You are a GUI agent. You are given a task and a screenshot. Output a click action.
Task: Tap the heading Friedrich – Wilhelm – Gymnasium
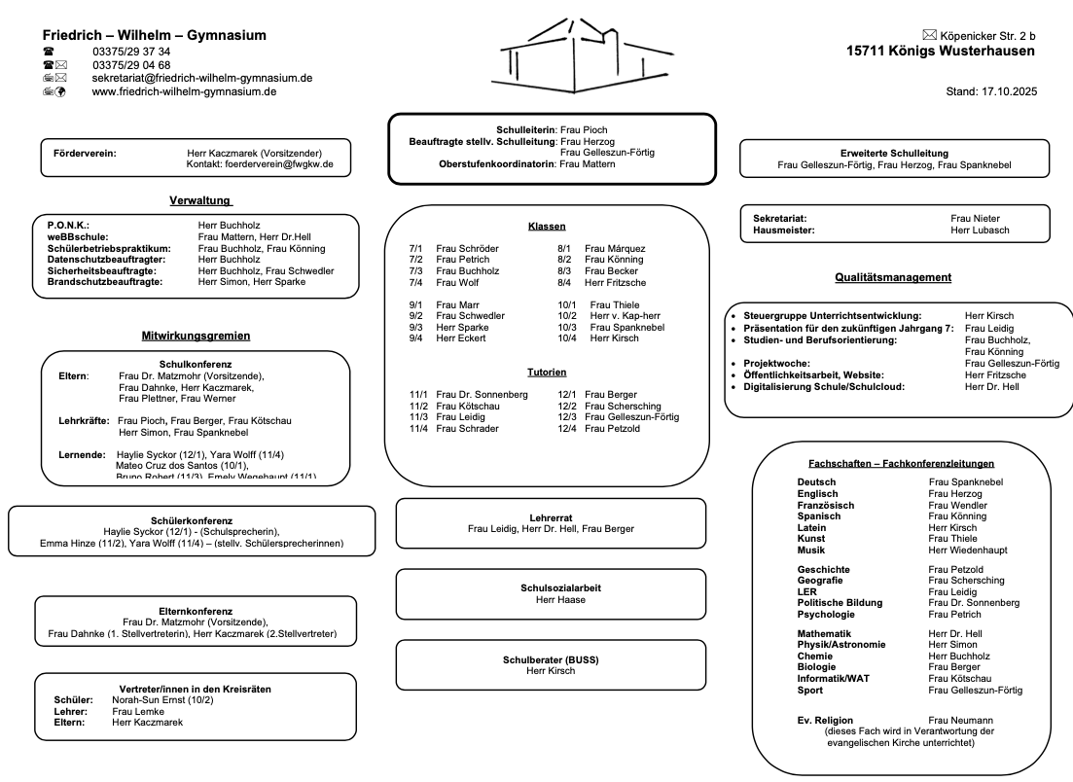click(x=155, y=35)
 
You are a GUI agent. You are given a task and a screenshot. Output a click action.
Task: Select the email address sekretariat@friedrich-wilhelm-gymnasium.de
click(x=202, y=78)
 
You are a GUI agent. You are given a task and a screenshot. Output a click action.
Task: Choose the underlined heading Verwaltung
click(x=200, y=200)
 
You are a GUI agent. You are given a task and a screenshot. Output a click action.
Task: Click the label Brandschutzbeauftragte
click(x=105, y=282)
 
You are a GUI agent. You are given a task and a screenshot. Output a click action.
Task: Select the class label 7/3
click(x=416, y=271)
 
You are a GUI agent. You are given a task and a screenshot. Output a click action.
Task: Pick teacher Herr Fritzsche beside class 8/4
click(x=618, y=282)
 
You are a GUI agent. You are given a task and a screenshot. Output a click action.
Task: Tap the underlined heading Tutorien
click(x=547, y=372)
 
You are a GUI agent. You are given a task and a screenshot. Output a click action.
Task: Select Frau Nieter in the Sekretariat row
click(x=975, y=219)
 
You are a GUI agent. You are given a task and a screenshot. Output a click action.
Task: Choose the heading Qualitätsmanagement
click(x=893, y=277)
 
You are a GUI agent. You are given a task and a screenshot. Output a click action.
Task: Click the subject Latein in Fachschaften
click(x=812, y=527)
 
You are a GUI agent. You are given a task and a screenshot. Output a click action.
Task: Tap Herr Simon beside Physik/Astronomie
click(x=952, y=645)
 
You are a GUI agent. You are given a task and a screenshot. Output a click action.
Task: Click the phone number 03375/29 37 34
click(x=131, y=52)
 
